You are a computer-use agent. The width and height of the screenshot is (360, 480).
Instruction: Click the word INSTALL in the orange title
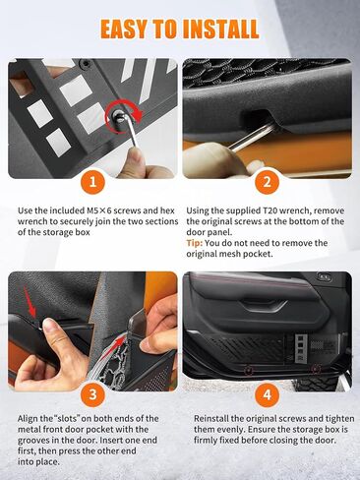point(220,29)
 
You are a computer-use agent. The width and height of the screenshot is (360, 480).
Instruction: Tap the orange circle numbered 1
point(93,181)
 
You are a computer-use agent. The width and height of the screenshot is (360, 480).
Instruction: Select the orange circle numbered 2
point(267,181)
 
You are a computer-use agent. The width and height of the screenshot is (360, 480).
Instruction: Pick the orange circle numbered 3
point(93,393)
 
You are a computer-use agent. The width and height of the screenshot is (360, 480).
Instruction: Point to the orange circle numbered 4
point(267,393)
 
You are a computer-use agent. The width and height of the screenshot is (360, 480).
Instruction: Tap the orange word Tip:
point(195,243)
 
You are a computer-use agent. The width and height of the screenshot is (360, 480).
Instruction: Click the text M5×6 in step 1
point(98,210)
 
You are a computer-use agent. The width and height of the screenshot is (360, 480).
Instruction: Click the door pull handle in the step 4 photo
point(262,306)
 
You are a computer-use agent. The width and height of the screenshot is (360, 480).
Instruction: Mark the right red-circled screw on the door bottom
point(316,369)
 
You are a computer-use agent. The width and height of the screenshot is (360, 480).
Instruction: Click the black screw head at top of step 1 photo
point(87,64)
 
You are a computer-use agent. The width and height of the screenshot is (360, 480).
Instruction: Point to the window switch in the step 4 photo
point(324,277)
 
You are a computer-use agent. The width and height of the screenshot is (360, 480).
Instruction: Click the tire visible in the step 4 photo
point(315,383)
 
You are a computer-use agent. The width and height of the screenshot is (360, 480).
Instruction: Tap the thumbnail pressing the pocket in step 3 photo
point(49,325)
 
